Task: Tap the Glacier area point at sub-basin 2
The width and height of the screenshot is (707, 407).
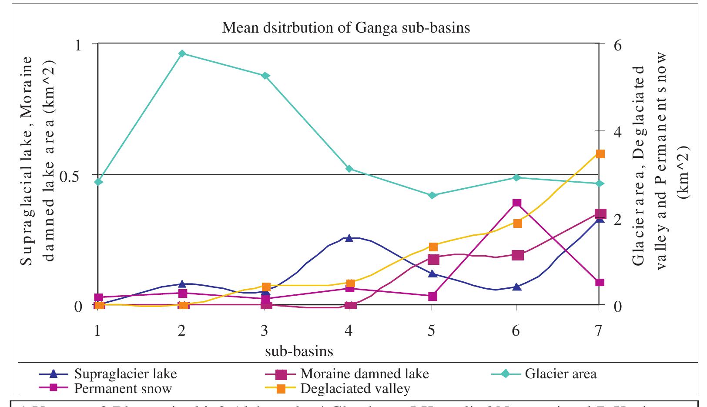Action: (182, 53)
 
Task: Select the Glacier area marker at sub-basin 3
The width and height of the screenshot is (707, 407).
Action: (265, 76)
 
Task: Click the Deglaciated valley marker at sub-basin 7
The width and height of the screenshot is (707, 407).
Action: (600, 154)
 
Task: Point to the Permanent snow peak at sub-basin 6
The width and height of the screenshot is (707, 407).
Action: (516, 203)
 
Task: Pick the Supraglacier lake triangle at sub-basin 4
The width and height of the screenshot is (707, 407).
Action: (349, 238)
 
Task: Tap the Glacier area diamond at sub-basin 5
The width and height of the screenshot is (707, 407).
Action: (432, 195)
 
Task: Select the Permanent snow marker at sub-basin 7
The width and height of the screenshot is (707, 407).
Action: (600, 283)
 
